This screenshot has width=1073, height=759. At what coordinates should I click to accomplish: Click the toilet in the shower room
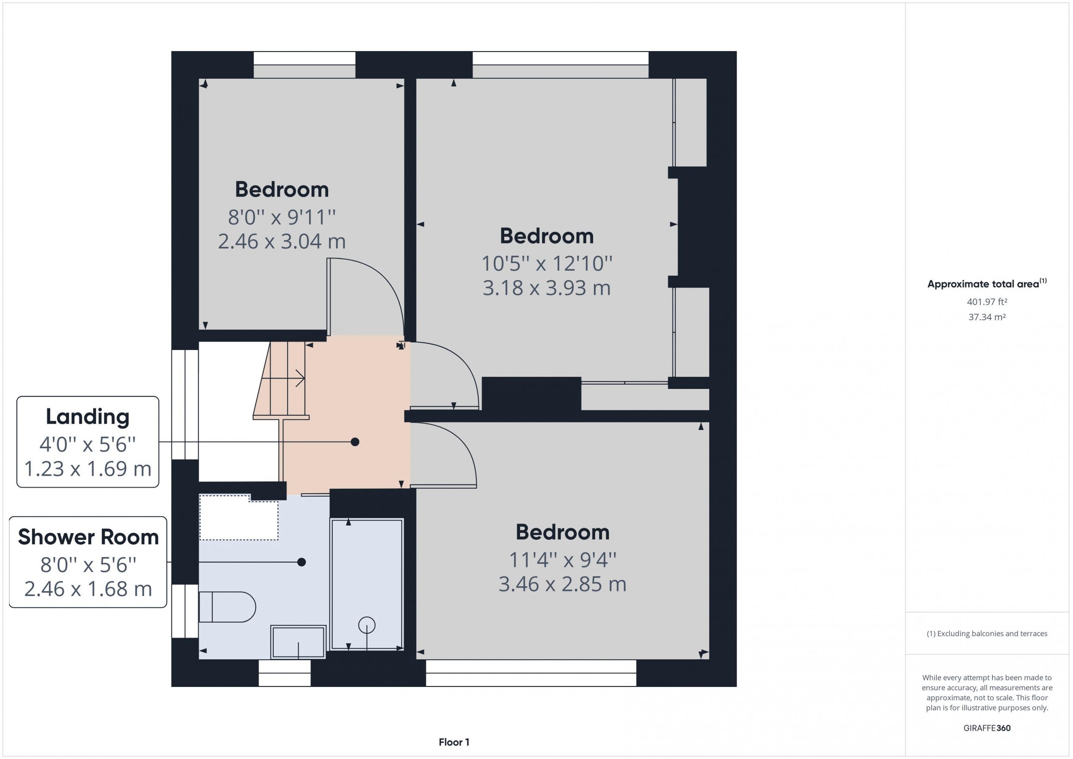pos(227,607)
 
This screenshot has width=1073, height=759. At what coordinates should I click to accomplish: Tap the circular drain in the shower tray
pos(367,625)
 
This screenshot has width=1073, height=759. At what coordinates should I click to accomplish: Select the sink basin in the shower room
pos(298,642)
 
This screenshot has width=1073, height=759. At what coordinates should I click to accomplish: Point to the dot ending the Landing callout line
pos(355,442)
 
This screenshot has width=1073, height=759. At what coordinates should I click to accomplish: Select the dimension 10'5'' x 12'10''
pos(547,264)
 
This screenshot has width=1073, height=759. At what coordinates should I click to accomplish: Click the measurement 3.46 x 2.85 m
pos(562,584)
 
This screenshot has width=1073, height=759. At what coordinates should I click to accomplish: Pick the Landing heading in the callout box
pos(88,417)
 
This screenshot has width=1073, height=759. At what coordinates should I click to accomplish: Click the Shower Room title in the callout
pos(88,537)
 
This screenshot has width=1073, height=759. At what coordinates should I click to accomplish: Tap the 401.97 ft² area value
pos(987,302)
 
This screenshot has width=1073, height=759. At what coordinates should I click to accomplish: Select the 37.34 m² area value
pos(987,317)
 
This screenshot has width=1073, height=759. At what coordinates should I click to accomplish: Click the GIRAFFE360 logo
pos(987,728)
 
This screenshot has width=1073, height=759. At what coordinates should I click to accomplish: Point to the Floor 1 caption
pos(454,742)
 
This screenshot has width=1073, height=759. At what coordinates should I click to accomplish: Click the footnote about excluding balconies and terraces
pos(987,634)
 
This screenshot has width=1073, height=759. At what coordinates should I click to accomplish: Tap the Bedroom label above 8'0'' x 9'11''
pos(282,189)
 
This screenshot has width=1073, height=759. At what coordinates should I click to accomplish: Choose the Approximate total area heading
pos(987,284)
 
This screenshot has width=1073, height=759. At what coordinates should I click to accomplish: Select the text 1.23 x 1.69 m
pos(88,469)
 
